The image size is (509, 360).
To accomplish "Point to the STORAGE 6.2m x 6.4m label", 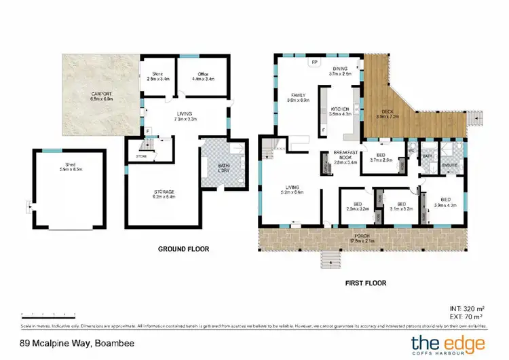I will click(164, 194).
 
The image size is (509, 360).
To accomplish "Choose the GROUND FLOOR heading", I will click(183, 249).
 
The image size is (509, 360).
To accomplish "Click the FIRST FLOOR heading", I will click(365, 282).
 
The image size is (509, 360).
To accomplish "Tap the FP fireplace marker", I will click(314, 62).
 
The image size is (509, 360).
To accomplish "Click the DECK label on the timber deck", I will click(388, 113).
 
